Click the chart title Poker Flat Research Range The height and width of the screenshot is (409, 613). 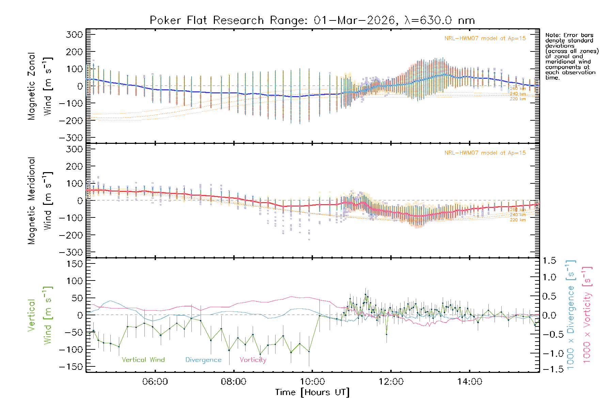coord(312,20)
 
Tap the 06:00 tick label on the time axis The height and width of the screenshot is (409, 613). coord(155,382)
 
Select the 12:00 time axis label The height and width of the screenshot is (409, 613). coord(391,382)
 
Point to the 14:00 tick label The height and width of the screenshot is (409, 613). coord(470,382)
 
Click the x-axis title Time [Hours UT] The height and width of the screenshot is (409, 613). coord(312,392)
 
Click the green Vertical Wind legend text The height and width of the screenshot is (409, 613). coord(143,360)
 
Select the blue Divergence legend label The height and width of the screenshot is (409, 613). coord(203,360)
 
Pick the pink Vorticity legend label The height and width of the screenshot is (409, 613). coord(253,360)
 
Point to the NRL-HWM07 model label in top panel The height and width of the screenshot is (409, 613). coord(485,39)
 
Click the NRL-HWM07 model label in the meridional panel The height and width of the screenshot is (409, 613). coord(485,153)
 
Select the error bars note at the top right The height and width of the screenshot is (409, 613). coord(571,56)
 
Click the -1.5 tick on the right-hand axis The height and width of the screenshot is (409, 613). coord(549,369)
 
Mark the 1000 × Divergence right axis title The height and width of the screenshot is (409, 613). coord(570,315)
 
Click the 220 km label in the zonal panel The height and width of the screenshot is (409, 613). coord(518,99)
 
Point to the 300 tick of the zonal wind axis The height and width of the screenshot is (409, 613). coord(74,35)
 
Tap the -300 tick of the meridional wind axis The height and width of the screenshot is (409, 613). coord(71,252)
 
